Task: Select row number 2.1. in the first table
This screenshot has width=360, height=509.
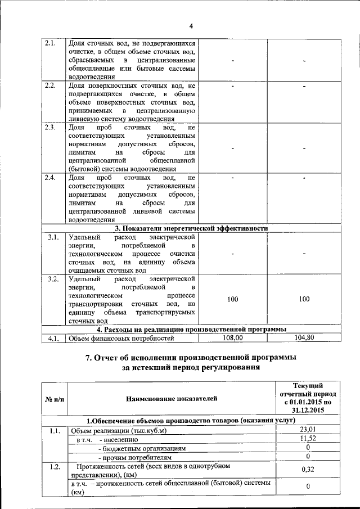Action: point(50,43)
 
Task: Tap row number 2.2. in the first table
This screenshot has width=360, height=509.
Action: point(50,85)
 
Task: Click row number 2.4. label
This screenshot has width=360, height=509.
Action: point(50,178)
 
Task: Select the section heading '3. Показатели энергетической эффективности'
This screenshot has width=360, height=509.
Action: point(191,228)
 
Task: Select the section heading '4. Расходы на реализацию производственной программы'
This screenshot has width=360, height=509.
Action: point(191,329)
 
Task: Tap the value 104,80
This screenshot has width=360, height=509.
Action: point(304,337)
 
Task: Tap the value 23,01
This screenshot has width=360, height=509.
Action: point(307,430)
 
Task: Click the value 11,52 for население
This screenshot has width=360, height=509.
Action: point(307,439)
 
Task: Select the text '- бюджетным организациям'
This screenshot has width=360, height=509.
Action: point(141,448)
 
